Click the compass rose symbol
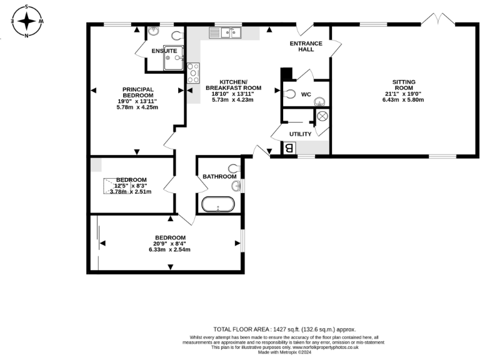27,21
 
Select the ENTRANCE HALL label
306,46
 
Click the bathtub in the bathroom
218,204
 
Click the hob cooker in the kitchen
193,72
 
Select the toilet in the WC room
289,94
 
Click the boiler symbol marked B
289,148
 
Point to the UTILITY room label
300,134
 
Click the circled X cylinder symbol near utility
322,116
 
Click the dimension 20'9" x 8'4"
170,244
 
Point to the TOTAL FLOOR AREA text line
284,329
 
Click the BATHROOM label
217,177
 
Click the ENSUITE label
163,51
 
